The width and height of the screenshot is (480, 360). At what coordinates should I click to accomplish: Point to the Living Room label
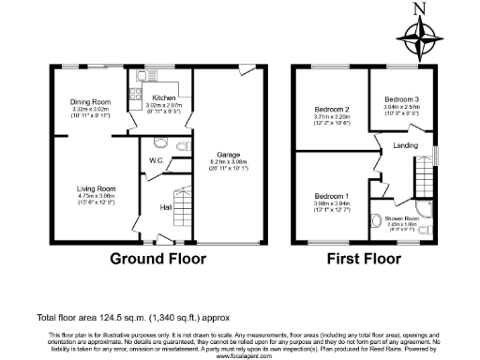pyautogui.click(x=95, y=188)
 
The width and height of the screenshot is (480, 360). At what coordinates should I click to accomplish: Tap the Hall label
pyautogui.click(x=164, y=207)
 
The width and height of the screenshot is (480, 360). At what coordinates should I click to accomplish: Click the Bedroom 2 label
pyautogui.click(x=332, y=110)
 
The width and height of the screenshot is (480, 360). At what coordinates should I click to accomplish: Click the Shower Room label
pyautogui.click(x=405, y=217)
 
